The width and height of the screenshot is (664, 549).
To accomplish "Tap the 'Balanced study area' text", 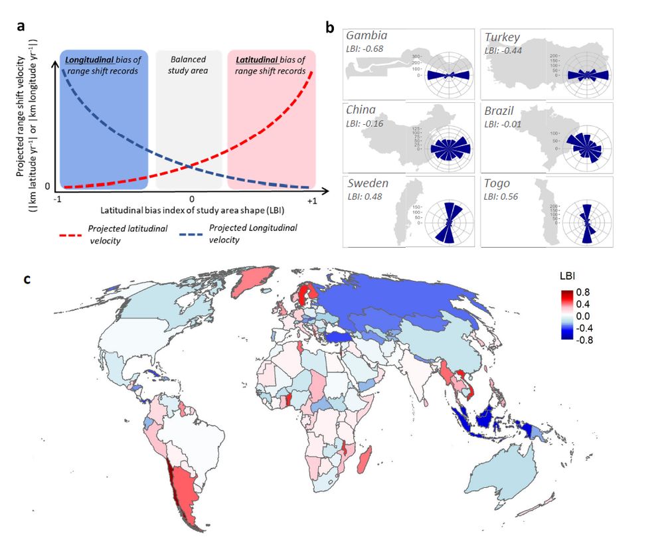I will point(189,65).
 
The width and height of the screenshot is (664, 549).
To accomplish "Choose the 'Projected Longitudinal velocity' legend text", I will point(253,233).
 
